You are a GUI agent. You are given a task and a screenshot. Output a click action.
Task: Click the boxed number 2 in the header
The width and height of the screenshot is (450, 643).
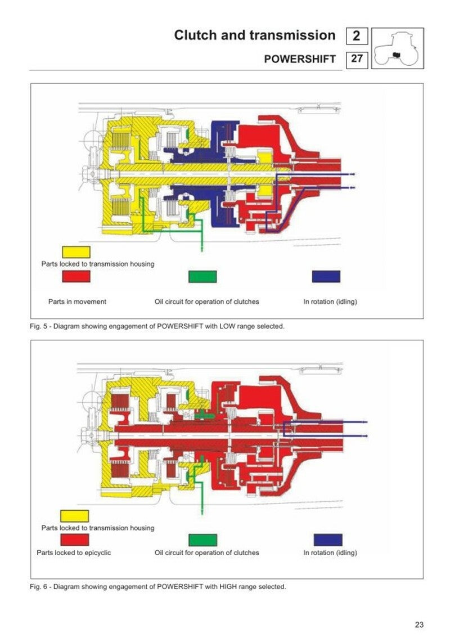coord(357,37)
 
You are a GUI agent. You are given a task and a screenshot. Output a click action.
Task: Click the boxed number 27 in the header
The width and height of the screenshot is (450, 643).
coord(357,59)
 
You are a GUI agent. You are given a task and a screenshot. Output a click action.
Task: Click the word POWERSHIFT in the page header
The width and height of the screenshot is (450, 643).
coord(300,59)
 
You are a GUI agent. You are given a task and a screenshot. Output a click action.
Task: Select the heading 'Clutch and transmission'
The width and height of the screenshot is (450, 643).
coord(254,35)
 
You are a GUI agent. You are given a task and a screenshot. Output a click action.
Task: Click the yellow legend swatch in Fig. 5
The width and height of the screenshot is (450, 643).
coord(75,252)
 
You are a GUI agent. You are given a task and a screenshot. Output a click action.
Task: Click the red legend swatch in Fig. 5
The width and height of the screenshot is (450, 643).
coord(75,276)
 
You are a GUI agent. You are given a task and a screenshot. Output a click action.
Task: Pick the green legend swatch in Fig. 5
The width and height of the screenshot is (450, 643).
coord(202,276)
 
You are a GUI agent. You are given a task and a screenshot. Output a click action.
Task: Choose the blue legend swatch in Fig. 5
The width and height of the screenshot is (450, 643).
coord(326,276)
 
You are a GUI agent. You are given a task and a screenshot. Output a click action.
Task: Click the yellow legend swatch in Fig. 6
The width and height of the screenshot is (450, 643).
coord(74,516)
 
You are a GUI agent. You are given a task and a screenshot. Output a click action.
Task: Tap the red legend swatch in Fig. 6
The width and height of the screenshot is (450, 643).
coord(74,539)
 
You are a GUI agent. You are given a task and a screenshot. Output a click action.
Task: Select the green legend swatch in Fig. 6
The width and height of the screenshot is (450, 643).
coord(202,540)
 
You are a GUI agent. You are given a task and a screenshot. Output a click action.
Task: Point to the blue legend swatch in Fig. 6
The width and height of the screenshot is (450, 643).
coord(328,540)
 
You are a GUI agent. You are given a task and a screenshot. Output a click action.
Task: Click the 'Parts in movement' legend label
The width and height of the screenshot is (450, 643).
coord(77,302)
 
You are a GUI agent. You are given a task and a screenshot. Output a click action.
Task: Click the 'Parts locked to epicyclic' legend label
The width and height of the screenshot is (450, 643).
coord(74,552)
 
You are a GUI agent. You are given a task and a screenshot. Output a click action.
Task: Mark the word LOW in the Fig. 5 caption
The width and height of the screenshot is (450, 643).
coord(220,326)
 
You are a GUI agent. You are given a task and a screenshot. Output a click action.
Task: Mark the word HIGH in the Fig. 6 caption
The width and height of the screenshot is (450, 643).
coord(222,587)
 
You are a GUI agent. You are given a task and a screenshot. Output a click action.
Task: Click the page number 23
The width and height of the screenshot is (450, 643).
coord(419,624)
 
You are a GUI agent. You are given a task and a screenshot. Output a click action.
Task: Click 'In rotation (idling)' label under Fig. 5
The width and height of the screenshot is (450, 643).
coord(330,302)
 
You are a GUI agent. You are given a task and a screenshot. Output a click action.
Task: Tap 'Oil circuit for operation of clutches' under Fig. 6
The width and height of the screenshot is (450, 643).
coord(206,552)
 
